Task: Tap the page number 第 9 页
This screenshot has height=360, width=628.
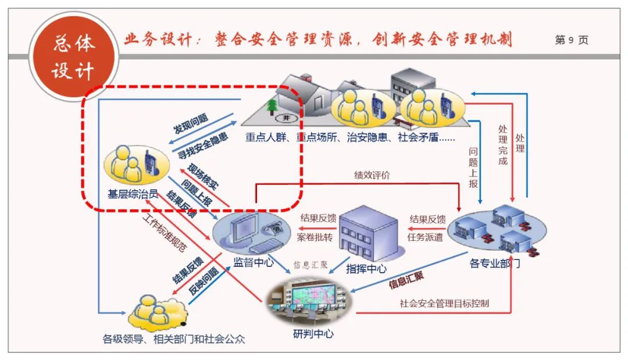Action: click(x=571, y=40)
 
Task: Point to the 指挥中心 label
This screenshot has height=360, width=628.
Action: click(x=366, y=269)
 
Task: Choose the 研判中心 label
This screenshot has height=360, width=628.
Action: click(x=313, y=334)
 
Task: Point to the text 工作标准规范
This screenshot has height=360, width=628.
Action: click(x=165, y=233)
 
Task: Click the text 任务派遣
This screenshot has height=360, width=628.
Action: click(x=425, y=237)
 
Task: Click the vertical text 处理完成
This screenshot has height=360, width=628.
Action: click(x=502, y=144)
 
